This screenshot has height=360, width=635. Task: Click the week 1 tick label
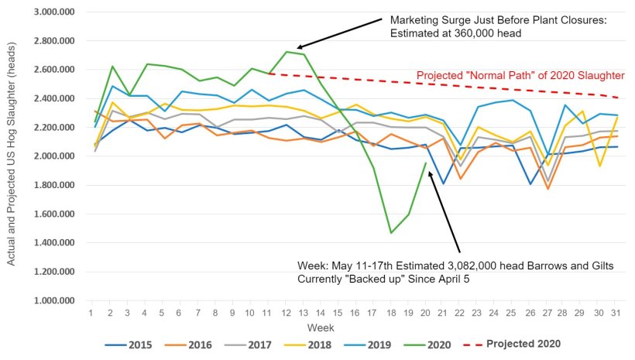(91, 312)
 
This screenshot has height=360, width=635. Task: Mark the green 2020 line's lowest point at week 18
(391, 232)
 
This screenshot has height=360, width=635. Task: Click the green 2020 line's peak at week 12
(287, 52)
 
